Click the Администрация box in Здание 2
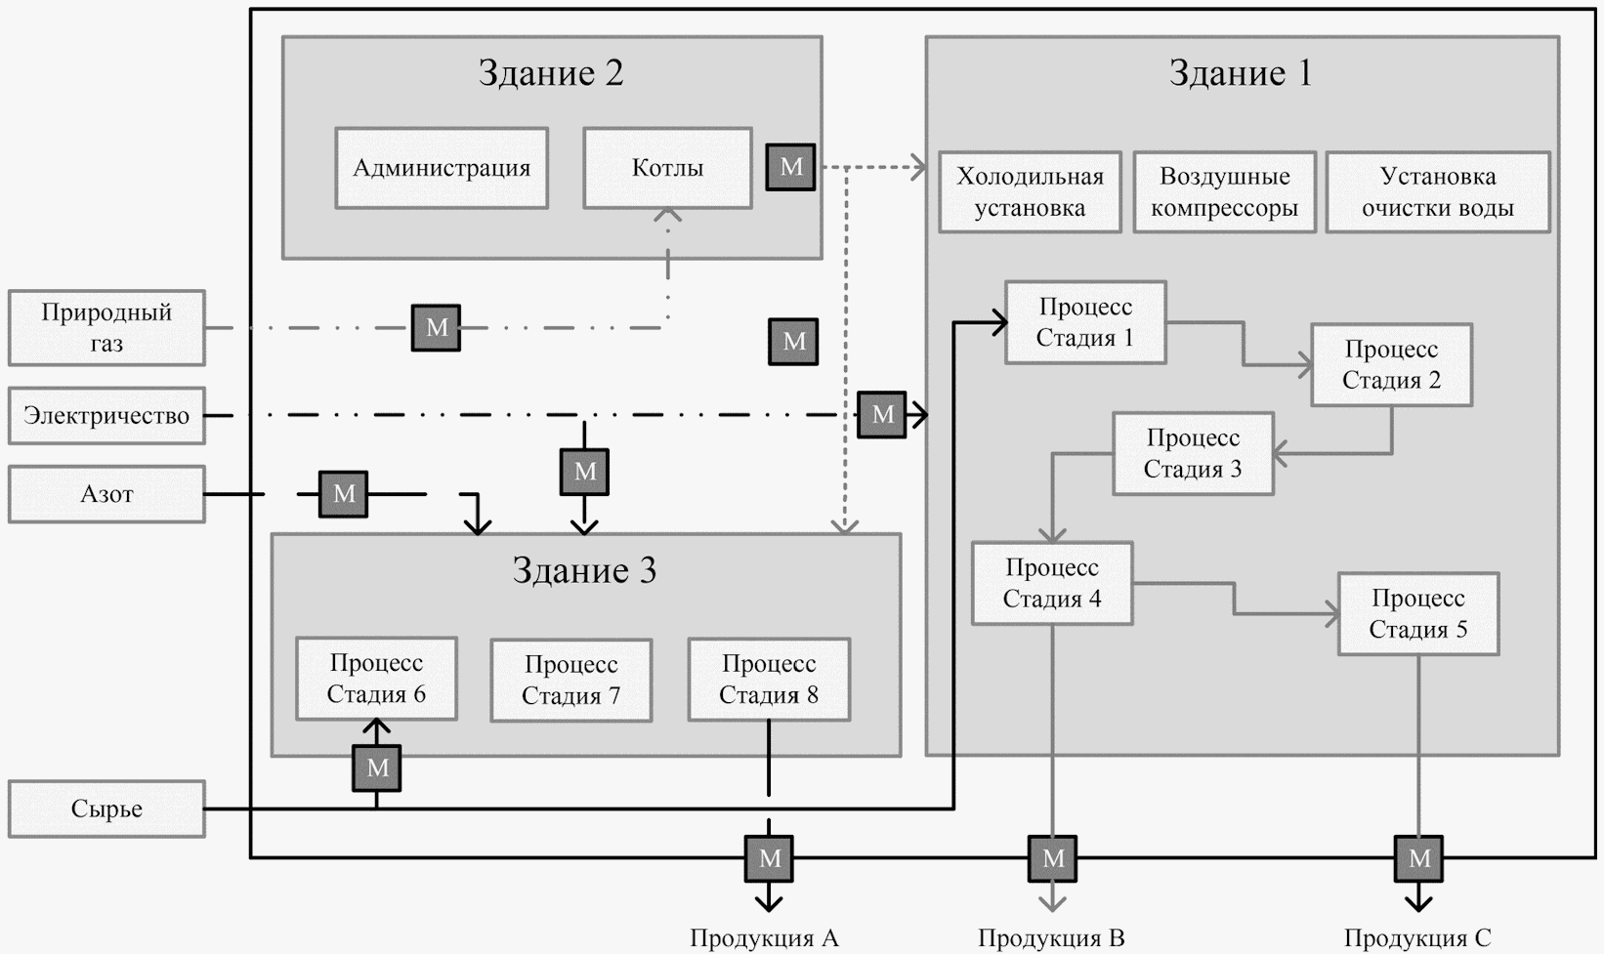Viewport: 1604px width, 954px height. click(x=442, y=168)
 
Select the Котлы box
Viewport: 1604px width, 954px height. click(x=667, y=168)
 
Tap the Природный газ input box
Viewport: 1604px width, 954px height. click(x=106, y=327)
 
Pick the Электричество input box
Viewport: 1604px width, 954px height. click(x=106, y=416)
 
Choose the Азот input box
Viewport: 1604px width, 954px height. click(x=106, y=494)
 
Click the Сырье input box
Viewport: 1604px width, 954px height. click(x=106, y=809)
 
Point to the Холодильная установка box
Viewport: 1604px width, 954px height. click(x=1030, y=191)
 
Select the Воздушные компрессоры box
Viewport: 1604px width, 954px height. click(x=1224, y=191)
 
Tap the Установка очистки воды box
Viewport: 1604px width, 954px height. click(x=1437, y=191)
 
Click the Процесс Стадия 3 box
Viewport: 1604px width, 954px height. click(x=1193, y=454)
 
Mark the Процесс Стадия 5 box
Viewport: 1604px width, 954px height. click(x=1417, y=613)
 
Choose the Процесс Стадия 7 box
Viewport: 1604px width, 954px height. click(x=570, y=680)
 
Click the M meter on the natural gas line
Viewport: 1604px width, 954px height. click(x=436, y=328)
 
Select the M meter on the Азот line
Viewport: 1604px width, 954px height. click(x=344, y=494)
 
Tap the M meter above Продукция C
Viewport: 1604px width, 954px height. click(x=1418, y=859)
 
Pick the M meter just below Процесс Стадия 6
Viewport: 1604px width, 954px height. click(x=377, y=768)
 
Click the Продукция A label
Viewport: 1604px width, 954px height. click(x=764, y=938)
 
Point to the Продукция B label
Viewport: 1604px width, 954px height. click(x=1051, y=938)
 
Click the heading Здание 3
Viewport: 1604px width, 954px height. click(x=584, y=570)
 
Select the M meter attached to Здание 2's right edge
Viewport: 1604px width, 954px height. click(x=790, y=167)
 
